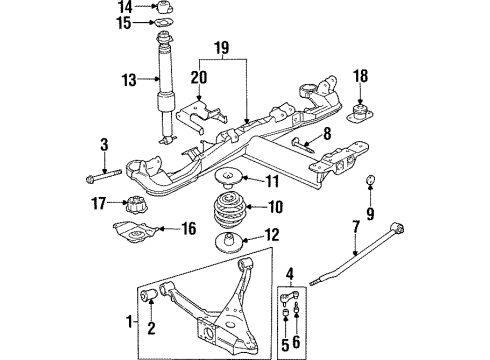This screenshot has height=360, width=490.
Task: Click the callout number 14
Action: coord(125,7)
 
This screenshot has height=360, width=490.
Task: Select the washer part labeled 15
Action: coord(164,23)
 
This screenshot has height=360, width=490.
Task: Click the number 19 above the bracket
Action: coord(222,48)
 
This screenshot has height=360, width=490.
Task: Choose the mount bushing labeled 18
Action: coord(360,113)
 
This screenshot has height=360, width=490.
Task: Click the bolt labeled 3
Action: coord(104,176)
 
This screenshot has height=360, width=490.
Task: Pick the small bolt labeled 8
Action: coord(303,145)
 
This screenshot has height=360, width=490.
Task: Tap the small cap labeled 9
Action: coord(370,180)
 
